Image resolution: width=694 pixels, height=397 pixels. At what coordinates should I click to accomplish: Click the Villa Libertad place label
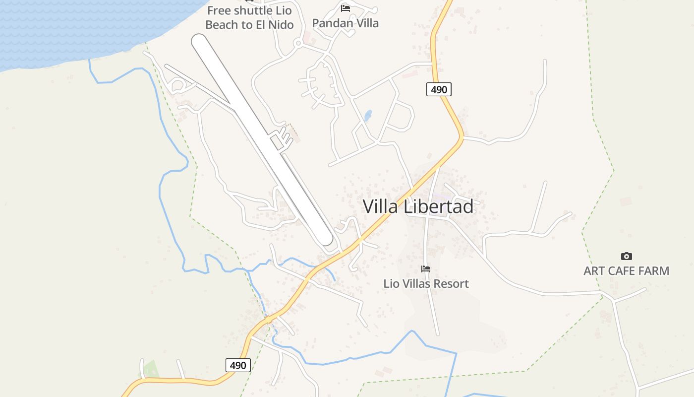click(418, 206)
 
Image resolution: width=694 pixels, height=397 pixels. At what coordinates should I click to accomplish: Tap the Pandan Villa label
click(345, 23)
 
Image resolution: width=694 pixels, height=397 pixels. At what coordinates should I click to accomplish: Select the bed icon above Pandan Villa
click(346, 8)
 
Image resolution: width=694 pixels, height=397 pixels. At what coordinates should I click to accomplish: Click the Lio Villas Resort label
click(426, 284)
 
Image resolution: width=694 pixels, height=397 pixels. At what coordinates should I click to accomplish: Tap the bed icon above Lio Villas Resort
click(425, 269)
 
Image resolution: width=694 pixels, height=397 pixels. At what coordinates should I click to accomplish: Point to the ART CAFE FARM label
click(626, 271)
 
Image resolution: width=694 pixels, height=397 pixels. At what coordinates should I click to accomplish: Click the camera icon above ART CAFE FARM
click(626, 257)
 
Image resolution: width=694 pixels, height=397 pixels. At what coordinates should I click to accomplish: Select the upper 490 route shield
click(439, 89)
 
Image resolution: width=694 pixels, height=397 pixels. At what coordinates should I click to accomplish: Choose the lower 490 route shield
click(238, 365)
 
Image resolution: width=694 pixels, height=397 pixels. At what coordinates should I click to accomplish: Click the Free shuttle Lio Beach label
click(249, 17)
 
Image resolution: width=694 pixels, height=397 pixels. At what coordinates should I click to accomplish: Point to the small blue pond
click(368, 116)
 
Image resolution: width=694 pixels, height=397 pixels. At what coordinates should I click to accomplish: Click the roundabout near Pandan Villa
click(298, 44)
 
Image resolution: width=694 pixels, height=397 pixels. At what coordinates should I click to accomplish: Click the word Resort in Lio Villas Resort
click(449, 284)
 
